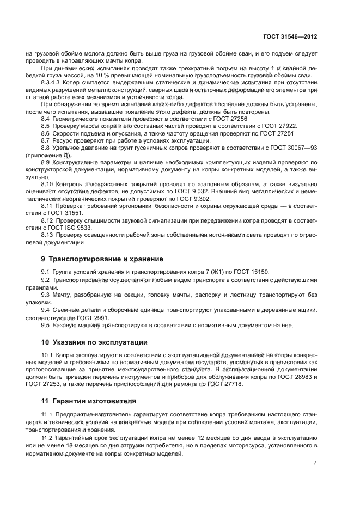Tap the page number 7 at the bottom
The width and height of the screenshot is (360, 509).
(315, 462)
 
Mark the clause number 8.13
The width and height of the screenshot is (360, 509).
(48, 235)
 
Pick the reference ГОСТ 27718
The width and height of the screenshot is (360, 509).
(225, 384)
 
